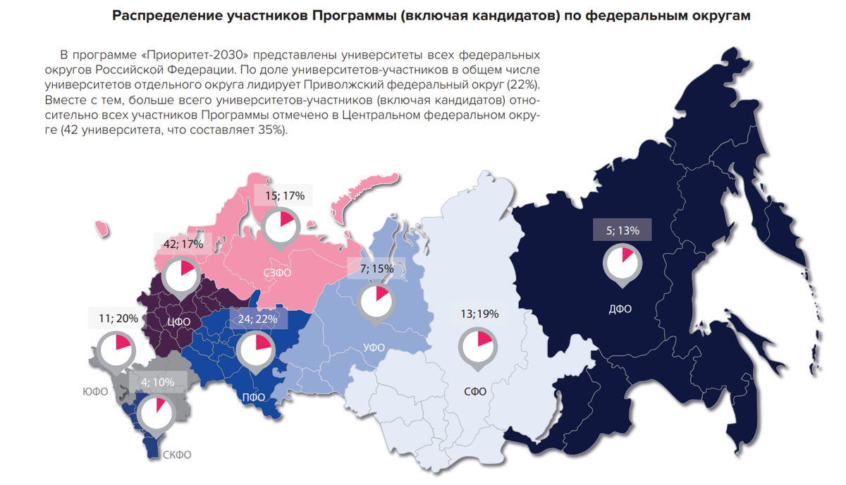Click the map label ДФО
click(x=620, y=308)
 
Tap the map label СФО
click(x=475, y=391)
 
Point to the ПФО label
click(x=254, y=397)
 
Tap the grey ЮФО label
click(x=94, y=392)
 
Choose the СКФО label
click(x=177, y=455)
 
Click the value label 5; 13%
click(x=623, y=230)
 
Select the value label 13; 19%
click(x=479, y=314)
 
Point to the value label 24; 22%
click(x=257, y=318)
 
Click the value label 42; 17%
click(x=183, y=244)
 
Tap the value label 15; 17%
click(x=285, y=196)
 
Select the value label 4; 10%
click(x=157, y=383)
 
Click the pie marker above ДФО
click(x=623, y=262)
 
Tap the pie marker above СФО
click(x=477, y=345)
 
